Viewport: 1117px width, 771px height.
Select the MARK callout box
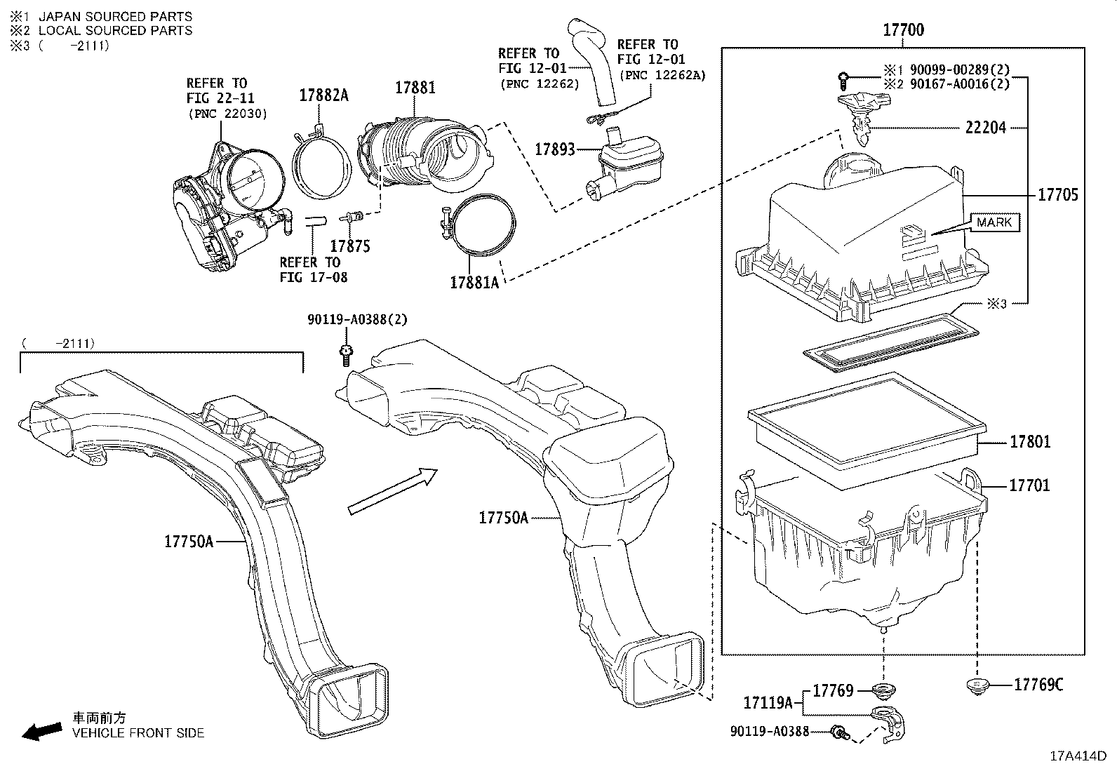[x=994, y=222]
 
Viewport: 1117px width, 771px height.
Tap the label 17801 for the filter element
[x=1030, y=442]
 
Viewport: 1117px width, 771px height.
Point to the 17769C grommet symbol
[x=976, y=685]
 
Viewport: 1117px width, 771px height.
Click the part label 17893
[x=554, y=149]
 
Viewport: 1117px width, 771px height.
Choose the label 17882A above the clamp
[x=323, y=95]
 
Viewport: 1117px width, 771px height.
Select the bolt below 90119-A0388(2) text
[x=345, y=355]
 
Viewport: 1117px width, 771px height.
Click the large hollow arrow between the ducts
[x=392, y=491]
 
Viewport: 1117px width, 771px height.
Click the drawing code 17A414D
[x=1077, y=756]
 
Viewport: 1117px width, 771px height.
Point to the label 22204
[x=985, y=128]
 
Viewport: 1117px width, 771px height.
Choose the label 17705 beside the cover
[x=1057, y=195]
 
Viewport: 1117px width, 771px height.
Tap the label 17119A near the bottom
[x=768, y=702]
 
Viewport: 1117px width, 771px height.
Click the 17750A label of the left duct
[x=189, y=542]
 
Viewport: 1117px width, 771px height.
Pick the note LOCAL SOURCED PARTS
[x=115, y=31]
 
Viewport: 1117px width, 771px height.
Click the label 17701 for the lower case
[x=1029, y=485]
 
